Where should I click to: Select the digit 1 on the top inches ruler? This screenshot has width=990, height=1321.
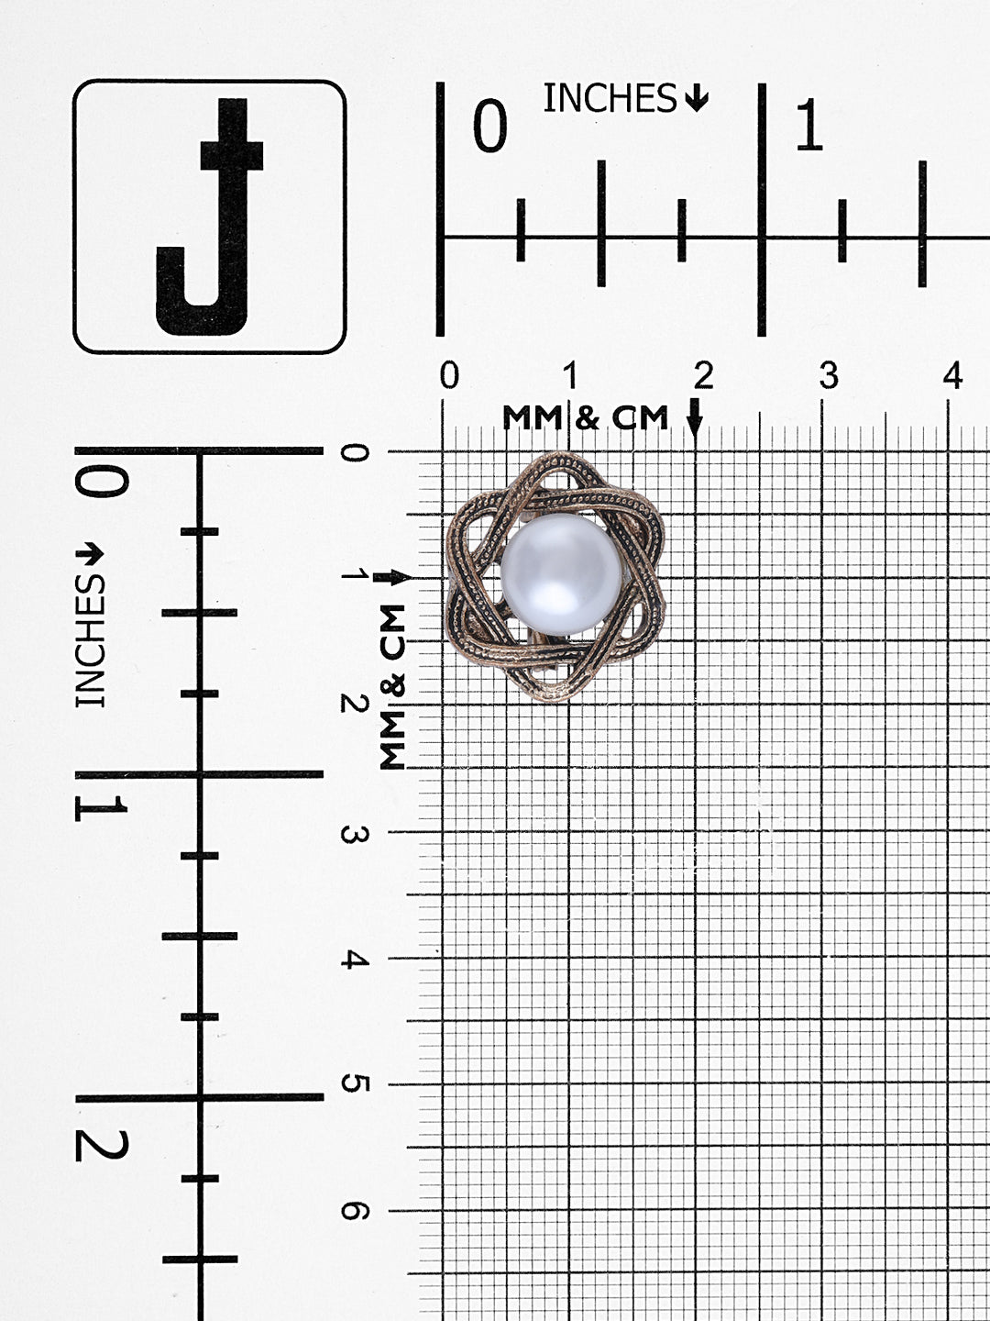tap(809, 125)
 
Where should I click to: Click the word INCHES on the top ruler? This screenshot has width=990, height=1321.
tap(610, 98)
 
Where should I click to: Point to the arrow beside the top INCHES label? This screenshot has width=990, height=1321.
tap(696, 98)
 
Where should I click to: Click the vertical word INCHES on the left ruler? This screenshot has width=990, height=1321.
tap(90, 640)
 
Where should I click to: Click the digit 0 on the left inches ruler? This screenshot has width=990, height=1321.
tap(101, 482)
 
